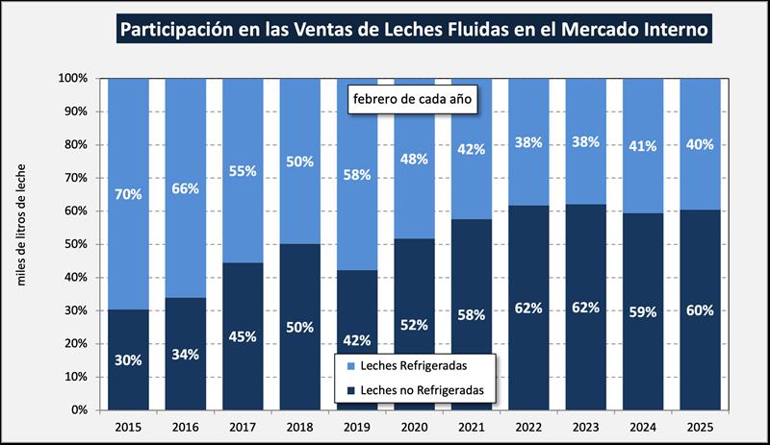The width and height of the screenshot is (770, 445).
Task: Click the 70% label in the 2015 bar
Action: tap(129, 194)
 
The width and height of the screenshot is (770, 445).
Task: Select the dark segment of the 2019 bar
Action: tap(357, 365)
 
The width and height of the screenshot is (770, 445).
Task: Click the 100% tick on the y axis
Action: tap(73, 78)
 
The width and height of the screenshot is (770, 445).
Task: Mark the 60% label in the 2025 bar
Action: tap(700, 309)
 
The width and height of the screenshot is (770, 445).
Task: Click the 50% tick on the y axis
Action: tap(73, 244)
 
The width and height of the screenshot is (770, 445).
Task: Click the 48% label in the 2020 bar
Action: tap(414, 160)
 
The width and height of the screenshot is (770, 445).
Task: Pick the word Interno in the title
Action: tap(673, 30)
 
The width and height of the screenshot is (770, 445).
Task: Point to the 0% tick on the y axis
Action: tap(77, 410)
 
